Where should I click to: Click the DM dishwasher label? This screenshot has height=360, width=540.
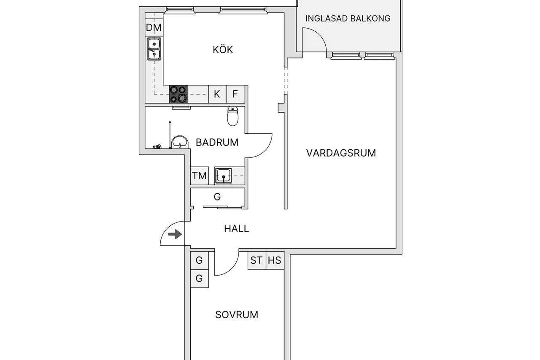[154, 27]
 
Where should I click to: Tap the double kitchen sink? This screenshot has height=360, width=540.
[154, 49]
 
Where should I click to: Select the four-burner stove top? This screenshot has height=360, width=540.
[178, 94]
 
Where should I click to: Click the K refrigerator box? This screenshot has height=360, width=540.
[217, 94]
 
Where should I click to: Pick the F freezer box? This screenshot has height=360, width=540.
[235, 94]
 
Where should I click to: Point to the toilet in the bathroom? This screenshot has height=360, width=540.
[232, 116]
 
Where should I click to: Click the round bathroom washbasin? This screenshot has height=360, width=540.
[180, 142]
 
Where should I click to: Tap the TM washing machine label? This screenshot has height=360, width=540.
[200, 176]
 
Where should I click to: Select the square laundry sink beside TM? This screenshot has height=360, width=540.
[223, 176]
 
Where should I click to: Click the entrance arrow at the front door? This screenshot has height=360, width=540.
[175, 234]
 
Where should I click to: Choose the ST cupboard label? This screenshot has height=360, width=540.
[256, 260]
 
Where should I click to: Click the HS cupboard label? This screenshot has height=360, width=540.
[275, 260]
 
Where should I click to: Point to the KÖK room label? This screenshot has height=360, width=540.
[223, 50]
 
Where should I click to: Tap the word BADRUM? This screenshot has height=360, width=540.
[217, 142]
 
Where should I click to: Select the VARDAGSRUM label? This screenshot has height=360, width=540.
[341, 153]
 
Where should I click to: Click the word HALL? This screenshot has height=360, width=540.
[236, 229]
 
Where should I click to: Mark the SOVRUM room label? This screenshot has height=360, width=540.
[237, 315]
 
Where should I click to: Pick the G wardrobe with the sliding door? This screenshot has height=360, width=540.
[218, 198]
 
